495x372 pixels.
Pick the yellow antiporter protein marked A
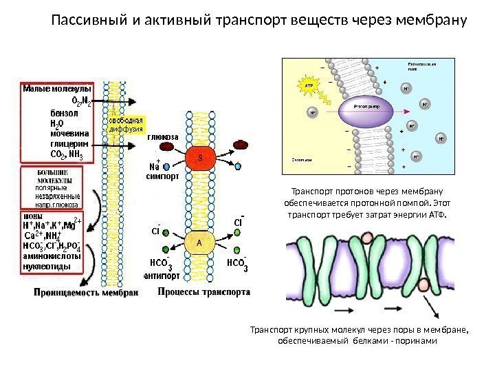tap(199, 242)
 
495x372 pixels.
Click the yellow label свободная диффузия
tap(126, 123)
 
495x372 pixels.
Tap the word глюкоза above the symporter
tap(162, 137)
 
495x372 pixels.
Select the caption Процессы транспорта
tap(203, 291)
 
